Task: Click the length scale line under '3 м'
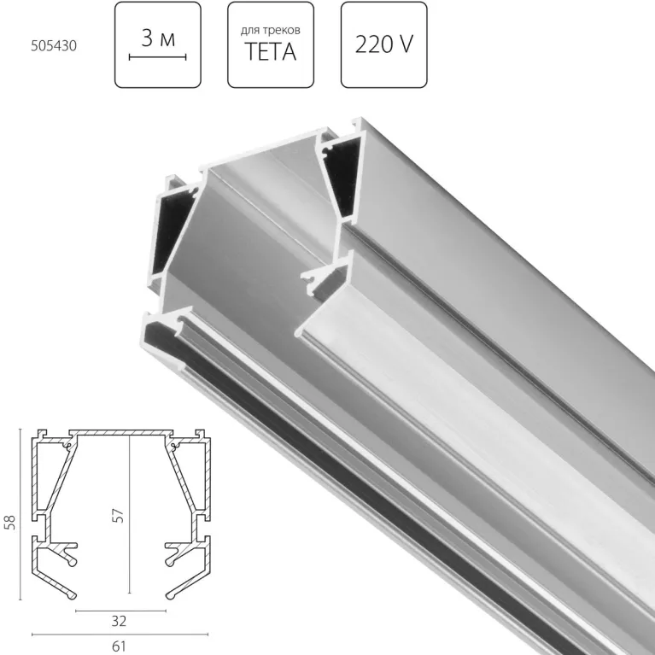157,57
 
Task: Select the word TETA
271,53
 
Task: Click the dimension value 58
10,521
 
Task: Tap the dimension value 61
120,646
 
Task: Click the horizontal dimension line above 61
120,634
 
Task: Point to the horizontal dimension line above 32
120,611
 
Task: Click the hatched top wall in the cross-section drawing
120,434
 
